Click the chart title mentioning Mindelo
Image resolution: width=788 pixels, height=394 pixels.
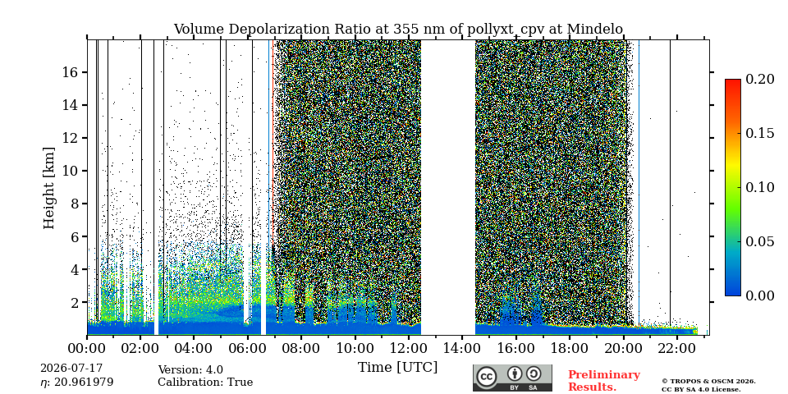point(398,30)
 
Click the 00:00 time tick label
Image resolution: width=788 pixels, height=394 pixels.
point(88,348)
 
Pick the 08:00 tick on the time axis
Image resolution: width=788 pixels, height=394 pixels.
point(301,348)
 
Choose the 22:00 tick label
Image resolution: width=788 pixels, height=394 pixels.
point(677,348)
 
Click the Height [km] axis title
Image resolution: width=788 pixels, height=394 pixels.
point(48,188)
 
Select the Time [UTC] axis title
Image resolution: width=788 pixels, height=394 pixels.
point(397,368)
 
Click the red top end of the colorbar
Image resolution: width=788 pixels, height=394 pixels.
point(733,80)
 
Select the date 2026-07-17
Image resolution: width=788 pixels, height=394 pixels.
point(71,369)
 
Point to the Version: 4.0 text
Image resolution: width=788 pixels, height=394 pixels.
point(190,370)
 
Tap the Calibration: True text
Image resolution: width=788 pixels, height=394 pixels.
point(205,383)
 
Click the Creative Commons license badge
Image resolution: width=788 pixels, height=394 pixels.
point(512,378)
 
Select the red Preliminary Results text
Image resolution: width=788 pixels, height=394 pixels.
point(604,381)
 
